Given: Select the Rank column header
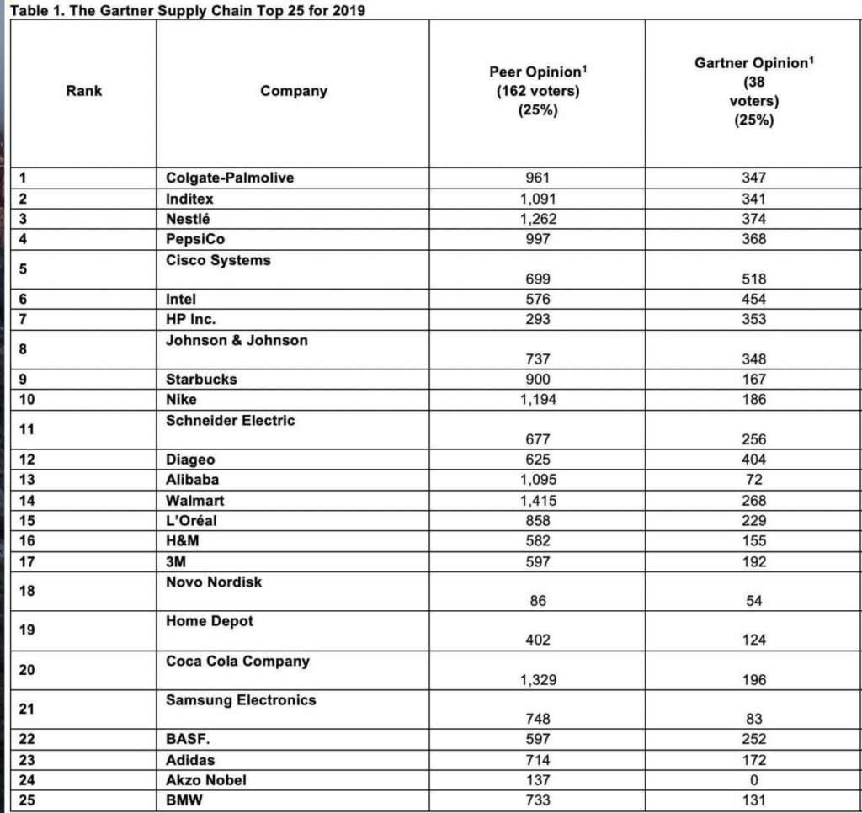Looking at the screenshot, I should click(83, 90).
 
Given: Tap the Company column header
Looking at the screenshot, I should click(294, 91).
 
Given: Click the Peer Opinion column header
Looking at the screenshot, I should click(535, 90).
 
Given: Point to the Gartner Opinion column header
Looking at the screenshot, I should click(754, 91).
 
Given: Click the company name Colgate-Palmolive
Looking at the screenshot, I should click(230, 178).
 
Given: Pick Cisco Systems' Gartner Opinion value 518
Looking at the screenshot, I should click(754, 278).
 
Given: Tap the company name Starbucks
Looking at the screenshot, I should click(201, 379).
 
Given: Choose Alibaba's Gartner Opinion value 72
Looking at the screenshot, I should click(754, 480).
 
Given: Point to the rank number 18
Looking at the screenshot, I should click(27, 591).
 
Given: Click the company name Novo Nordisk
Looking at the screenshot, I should click(214, 582).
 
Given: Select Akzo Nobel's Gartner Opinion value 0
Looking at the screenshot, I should click(754, 780).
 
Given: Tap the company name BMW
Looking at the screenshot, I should click(184, 800).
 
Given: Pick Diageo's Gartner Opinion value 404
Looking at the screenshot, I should click(754, 460).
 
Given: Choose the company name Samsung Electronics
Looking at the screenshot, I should click(241, 700).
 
